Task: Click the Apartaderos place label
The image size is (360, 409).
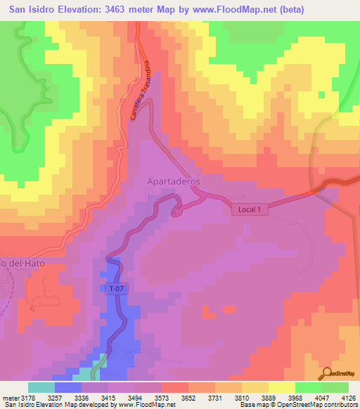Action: tap(174, 181)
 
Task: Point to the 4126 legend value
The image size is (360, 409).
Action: tap(349, 397)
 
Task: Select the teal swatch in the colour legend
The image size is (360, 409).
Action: tap(41, 387)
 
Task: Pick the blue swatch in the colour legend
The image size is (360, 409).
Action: tap(67, 387)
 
